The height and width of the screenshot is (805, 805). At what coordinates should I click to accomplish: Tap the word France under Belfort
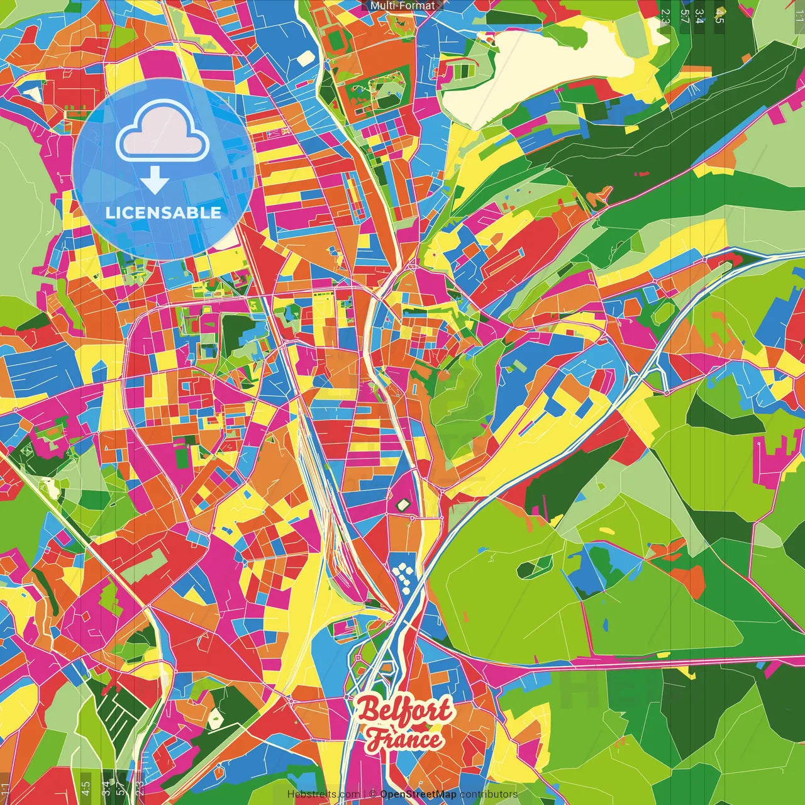406,739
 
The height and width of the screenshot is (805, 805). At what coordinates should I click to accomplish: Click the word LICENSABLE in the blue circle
163,213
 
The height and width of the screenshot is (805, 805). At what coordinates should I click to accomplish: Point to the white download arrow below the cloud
155,180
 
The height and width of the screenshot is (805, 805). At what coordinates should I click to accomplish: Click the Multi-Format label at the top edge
402,6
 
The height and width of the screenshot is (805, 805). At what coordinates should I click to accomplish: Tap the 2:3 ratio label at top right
665,16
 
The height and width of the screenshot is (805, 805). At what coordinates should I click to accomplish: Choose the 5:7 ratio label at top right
684,16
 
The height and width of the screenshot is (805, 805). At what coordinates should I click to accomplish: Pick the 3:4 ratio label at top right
699,16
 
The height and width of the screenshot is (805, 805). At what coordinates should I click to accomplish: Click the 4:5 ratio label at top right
719,16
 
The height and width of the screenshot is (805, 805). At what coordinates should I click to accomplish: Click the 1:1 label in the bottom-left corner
5,789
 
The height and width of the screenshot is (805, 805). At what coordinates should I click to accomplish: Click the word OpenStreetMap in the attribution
418,794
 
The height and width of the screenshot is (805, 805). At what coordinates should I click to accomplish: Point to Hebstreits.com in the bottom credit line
323,794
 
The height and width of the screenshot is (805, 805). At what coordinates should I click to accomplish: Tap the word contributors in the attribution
489,794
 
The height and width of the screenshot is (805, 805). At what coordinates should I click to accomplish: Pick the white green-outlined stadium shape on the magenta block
402,504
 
